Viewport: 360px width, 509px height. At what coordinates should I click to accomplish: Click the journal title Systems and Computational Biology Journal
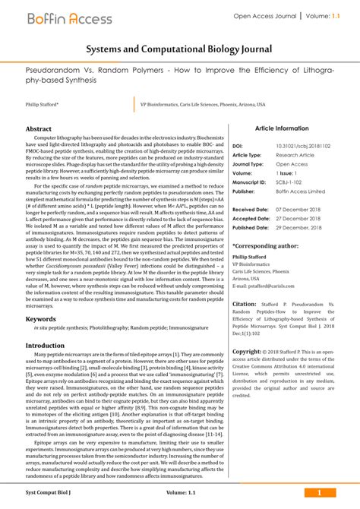pos(179,49)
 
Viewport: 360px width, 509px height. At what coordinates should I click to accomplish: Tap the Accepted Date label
pos(251,218)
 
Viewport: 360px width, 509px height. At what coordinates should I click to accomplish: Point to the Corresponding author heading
pos(265,246)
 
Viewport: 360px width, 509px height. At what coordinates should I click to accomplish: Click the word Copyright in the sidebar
pos(247,352)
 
